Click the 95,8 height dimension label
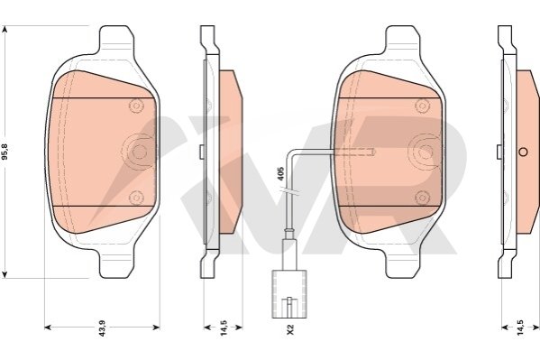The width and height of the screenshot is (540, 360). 5,152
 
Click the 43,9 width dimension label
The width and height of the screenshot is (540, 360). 102,328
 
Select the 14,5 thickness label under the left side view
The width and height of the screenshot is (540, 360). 224,328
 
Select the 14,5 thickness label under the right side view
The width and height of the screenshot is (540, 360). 520,328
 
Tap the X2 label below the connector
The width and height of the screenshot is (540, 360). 290,328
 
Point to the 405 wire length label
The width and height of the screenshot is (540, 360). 280,174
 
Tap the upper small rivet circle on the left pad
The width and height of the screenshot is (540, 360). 136,106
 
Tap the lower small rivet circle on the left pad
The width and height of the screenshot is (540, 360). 136,198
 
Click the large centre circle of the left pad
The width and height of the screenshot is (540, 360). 139,151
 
